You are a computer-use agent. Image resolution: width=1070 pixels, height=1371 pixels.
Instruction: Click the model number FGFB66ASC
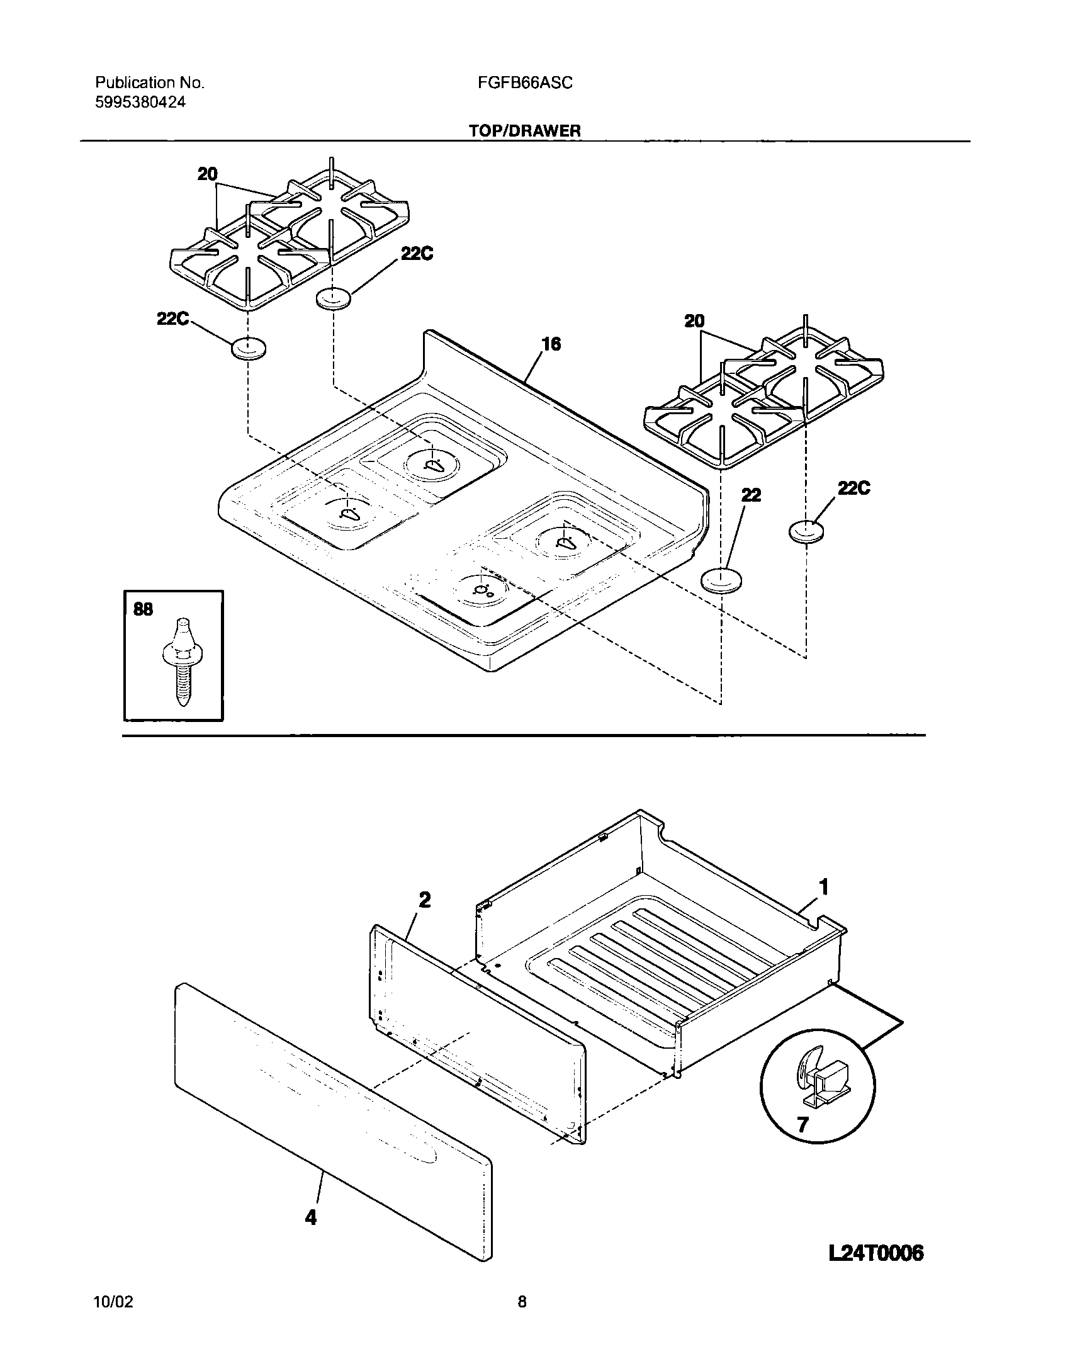click(x=521, y=82)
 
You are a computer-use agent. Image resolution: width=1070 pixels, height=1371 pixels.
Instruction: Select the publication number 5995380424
click(x=140, y=102)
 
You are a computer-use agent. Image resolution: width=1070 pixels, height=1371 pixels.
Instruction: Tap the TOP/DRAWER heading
click(x=524, y=131)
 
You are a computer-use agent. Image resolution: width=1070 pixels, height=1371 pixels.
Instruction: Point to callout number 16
click(x=551, y=344)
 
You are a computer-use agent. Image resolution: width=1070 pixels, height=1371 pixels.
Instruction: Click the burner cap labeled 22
click(x=721, y=580)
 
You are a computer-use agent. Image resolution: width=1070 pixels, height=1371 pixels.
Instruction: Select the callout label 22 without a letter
click(x=751, y=495)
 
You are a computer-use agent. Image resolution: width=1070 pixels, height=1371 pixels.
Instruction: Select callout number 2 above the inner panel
click(x=425, y=901)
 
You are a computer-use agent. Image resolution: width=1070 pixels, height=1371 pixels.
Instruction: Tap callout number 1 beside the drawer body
click(x=823, y=888)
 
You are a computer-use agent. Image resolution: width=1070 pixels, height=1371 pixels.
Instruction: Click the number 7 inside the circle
click(x=802, y=1124)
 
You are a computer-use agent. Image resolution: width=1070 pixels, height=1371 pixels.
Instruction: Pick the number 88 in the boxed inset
click(x=144, y=609)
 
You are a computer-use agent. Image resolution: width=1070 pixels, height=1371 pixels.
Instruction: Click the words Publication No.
click(x=150, y=82)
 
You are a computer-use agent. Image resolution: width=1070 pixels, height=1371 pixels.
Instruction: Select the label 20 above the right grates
click(x=694, y=322)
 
